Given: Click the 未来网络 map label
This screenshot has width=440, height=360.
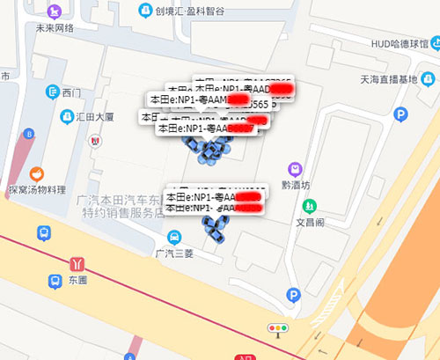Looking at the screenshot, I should coord(55,27).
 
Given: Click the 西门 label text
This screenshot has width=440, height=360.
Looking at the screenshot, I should coord(71,92).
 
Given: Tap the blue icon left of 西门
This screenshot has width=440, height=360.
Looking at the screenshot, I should coord(52,92).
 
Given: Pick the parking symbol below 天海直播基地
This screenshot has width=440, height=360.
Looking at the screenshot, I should coord(401,114).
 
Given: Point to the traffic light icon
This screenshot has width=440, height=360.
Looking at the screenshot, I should coord(279,328).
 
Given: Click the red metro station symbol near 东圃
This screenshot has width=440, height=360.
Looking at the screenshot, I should coord(79,262).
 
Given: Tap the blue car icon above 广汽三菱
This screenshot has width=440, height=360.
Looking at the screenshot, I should coord(175,236).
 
